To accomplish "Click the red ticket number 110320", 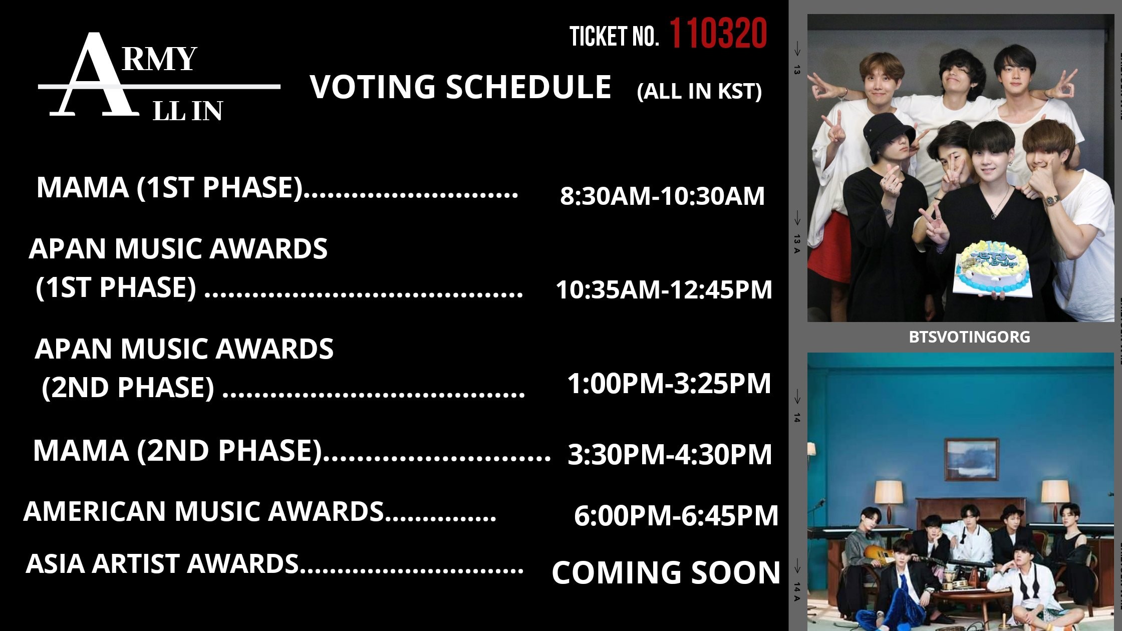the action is (718, 34).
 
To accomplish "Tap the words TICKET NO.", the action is (614, 37).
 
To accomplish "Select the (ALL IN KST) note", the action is (699, 91).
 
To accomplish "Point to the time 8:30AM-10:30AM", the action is (662, 196).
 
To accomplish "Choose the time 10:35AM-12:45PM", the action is (664, 289).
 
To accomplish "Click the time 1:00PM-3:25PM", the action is (669, 384).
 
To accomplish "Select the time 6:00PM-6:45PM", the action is (676, 516).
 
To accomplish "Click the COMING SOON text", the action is (666, 572).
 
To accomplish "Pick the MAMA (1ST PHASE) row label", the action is (170, 188).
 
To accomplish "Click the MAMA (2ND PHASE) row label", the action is (177, 450).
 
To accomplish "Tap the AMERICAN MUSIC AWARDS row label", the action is (203, 511).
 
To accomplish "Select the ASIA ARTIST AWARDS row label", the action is (162, 563).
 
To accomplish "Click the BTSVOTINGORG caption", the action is (969, 337).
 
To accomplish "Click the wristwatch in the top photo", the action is (1051, 200).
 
